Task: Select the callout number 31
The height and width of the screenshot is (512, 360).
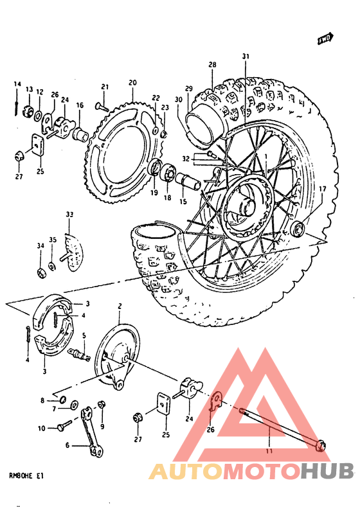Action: [x=245, y=57]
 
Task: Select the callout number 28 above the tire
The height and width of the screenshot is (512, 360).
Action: [x=212, y=64]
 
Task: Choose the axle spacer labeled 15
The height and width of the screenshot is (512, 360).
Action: [x=190, y=181]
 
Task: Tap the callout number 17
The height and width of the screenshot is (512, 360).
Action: [x=322, y=188]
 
